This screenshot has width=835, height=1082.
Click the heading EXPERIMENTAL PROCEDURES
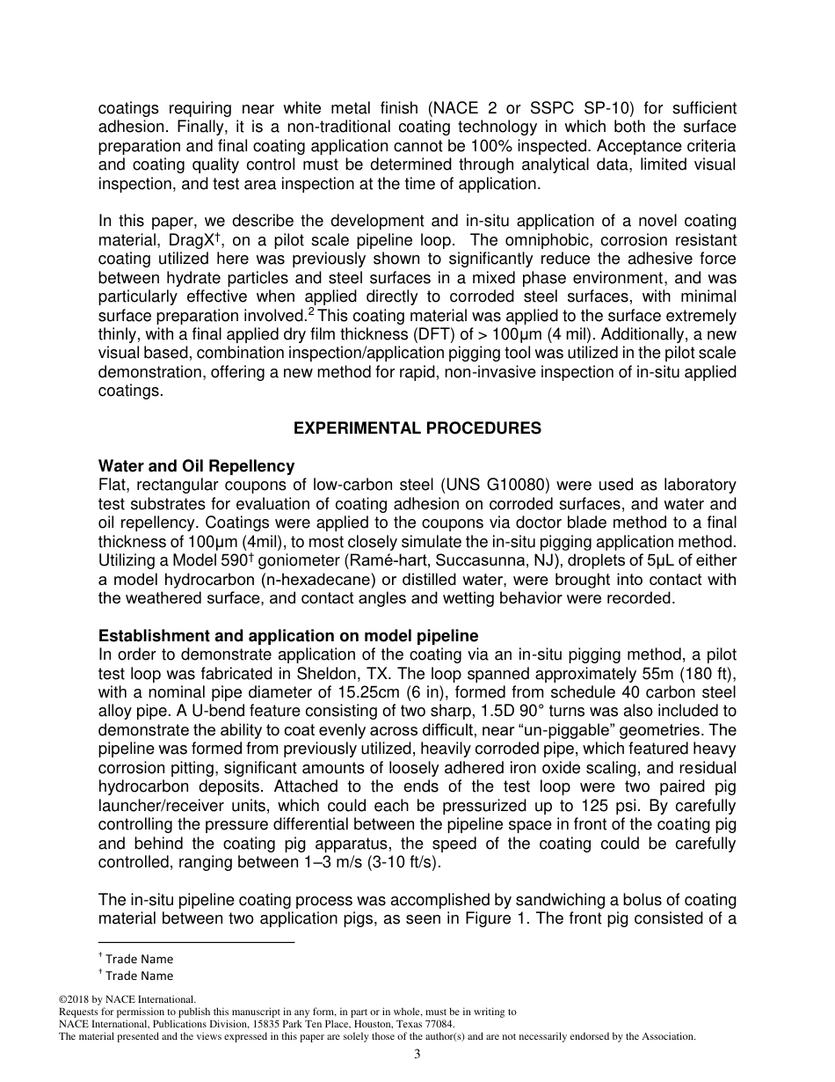click(x=417, y=428)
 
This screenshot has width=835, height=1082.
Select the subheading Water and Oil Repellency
click(x=196, y=466)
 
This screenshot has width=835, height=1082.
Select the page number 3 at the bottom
click(x=417, y=1055)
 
